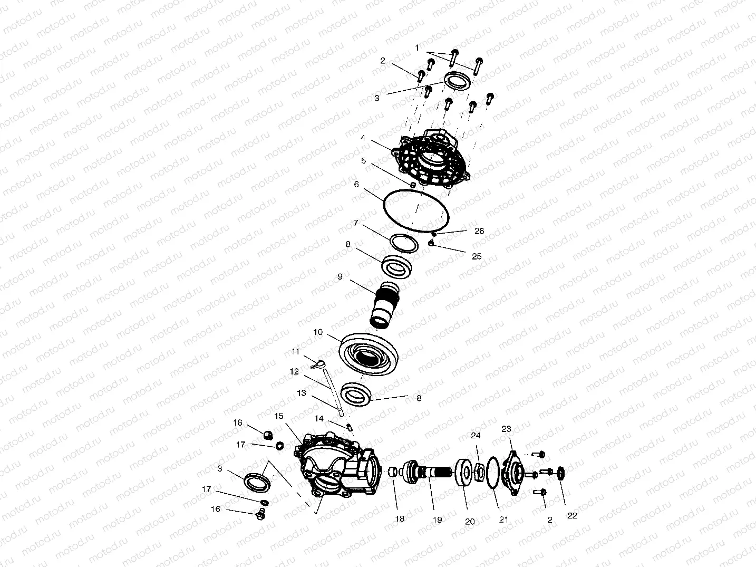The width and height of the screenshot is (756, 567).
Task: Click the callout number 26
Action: click(x=479, y=231)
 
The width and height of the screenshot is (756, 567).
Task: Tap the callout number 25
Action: click(x=477, y=256)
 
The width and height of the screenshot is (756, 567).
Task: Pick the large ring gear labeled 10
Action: click(x=369, y=354)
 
